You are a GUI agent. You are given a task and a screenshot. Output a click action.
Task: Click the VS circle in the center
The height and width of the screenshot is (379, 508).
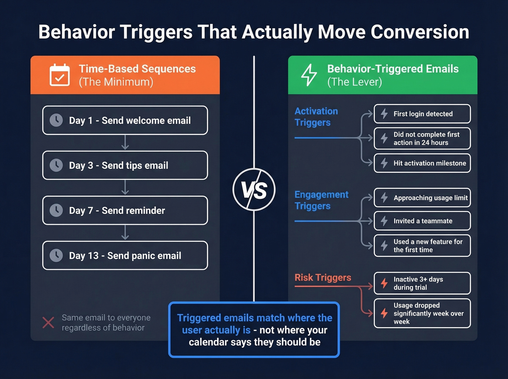click(254, 189)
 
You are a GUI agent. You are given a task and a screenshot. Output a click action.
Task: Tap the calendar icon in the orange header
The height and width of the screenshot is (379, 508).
click(60, 75)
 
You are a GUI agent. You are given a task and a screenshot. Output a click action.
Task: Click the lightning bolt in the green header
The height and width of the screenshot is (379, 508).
click(309, 75)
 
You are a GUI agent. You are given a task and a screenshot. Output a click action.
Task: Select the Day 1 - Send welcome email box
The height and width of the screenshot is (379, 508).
click(125, 120)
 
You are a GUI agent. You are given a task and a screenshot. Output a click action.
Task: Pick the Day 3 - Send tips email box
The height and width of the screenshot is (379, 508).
click(125, 165)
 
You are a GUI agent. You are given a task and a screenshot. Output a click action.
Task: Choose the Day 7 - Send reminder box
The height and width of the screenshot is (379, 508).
click(125, 210)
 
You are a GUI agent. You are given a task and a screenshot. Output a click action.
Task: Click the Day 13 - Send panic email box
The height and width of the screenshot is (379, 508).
click(125, 255)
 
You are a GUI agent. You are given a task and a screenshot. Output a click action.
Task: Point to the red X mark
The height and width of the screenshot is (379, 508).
click(48, 322)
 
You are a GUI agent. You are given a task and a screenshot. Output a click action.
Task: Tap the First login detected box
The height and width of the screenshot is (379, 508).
click(422, 114)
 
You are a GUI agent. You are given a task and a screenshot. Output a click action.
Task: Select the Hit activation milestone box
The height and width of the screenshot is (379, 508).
click(422, 163)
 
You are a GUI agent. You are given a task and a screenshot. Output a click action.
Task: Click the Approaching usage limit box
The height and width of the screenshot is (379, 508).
click(422, 198)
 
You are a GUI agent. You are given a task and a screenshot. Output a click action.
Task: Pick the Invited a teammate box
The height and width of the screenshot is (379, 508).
click(422, 221)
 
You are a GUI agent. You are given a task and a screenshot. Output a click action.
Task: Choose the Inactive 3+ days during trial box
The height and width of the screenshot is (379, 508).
click(422, 283)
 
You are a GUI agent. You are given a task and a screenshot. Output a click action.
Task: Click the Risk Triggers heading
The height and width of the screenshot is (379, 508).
click(323, 277)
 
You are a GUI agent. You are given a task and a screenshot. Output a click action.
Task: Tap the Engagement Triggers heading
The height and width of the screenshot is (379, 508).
click(321, 200)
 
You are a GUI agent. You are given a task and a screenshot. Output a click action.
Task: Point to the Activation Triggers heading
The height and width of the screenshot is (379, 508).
click(316, 117)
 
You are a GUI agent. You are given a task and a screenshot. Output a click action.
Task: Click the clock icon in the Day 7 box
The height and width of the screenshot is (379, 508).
click(56, 210)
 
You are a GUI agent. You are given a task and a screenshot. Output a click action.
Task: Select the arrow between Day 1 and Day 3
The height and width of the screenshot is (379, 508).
click(125, 143)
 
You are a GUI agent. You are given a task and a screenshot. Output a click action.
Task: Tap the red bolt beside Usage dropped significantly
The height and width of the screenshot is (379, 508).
click(384, 313)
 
